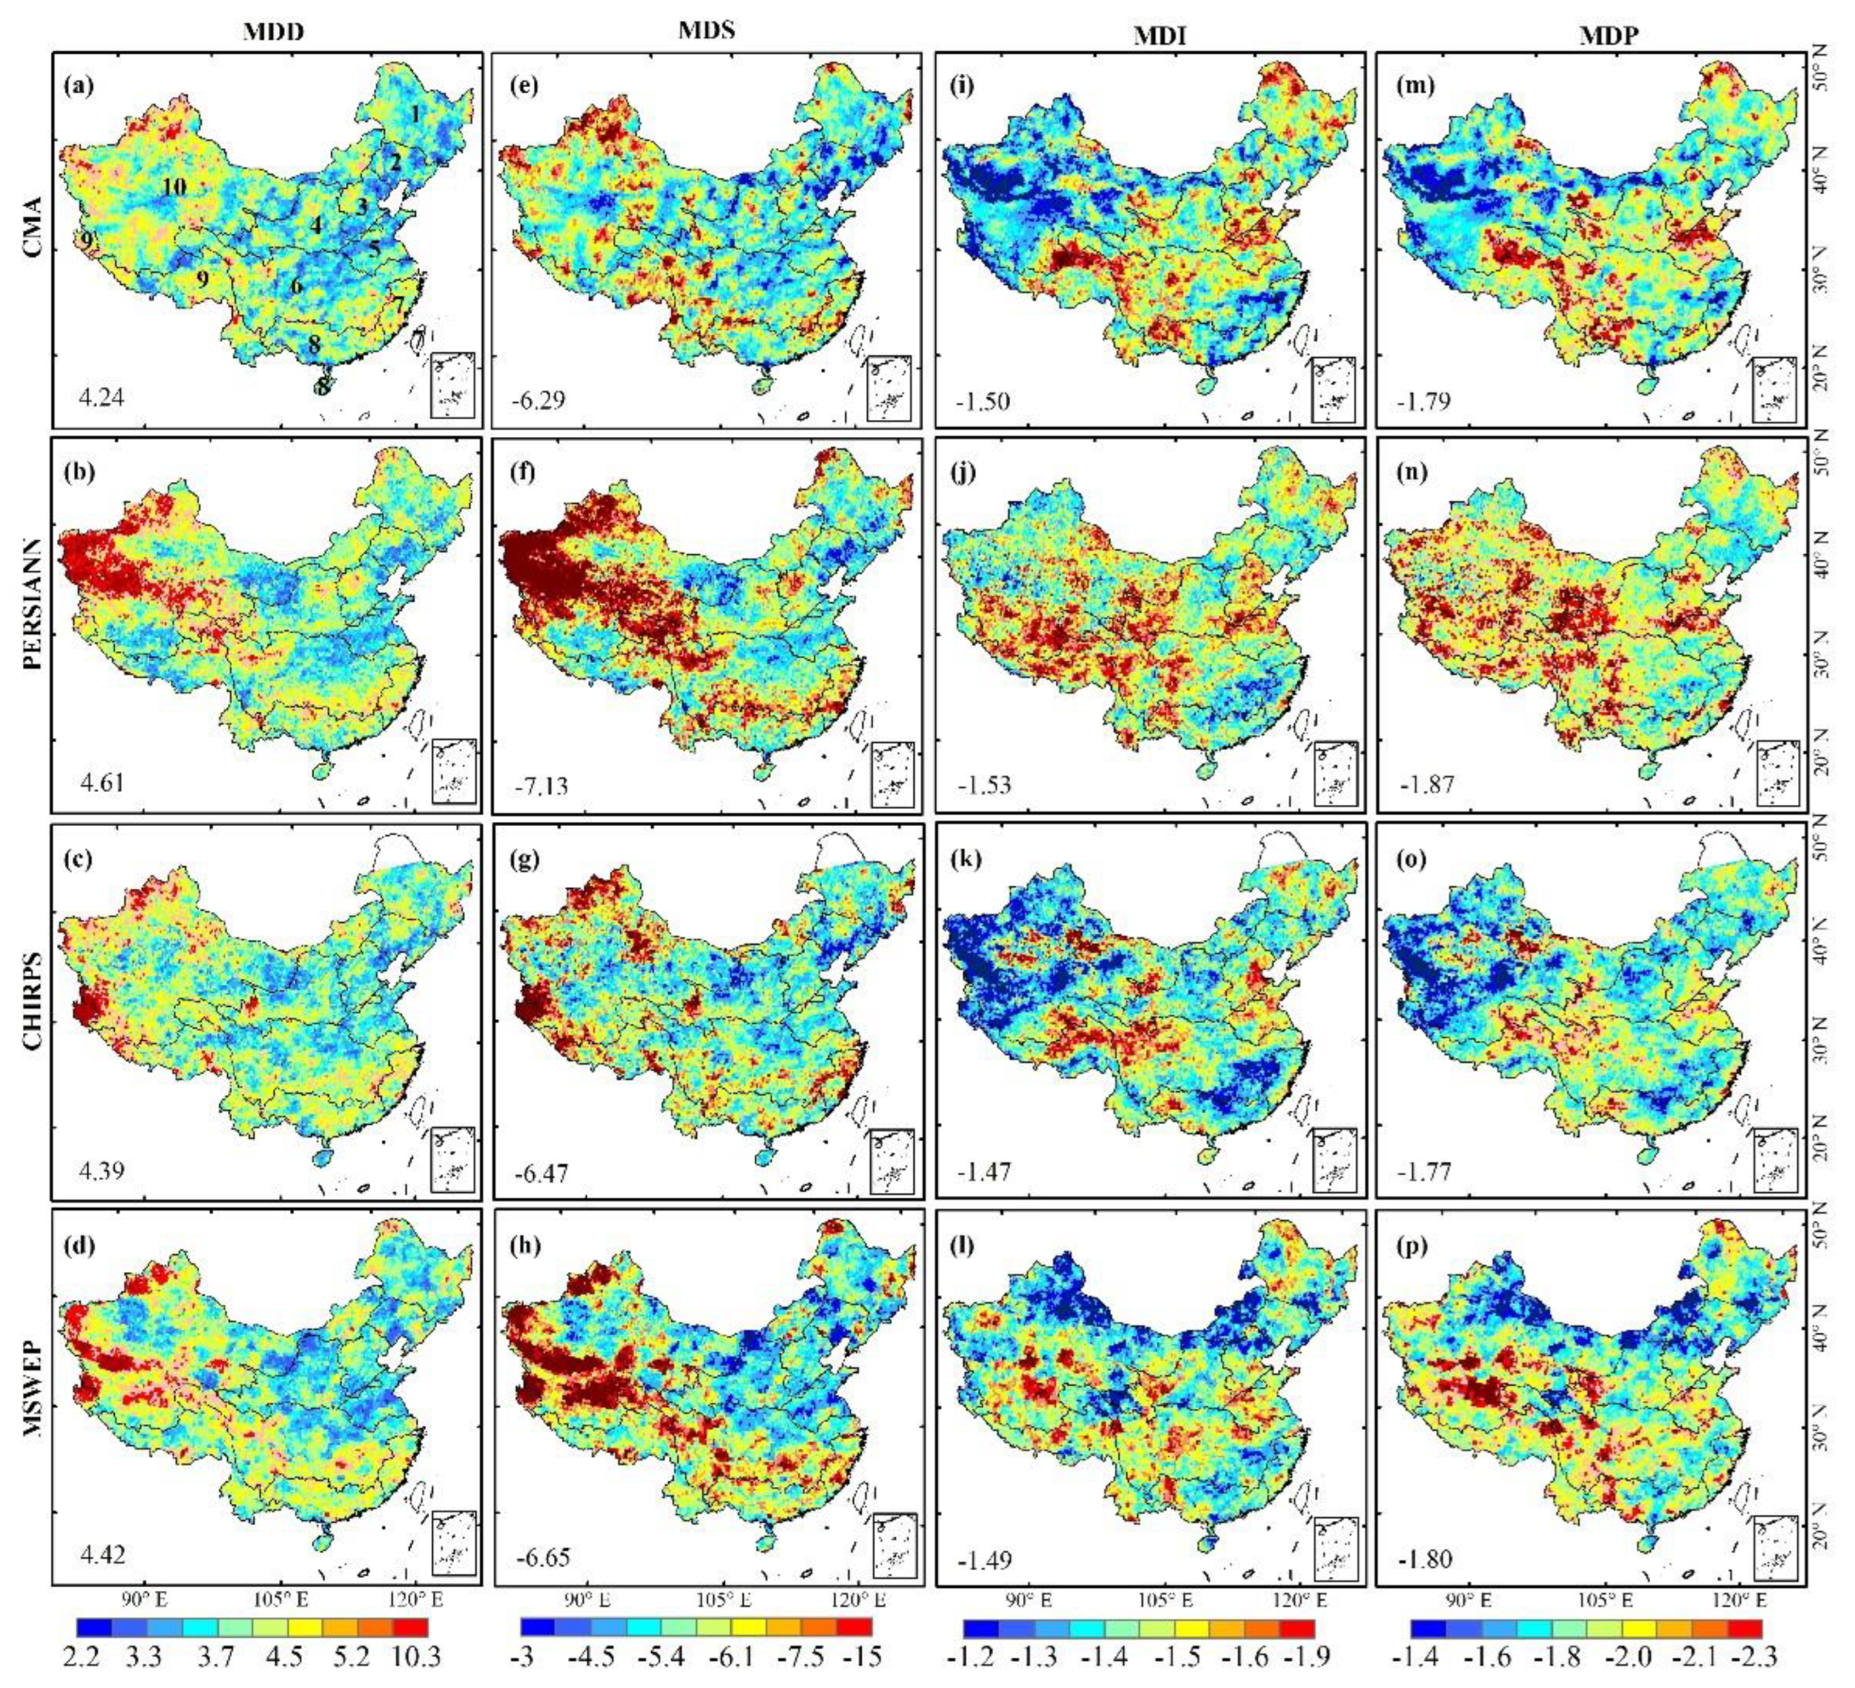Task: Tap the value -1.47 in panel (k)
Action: pos(985,1172)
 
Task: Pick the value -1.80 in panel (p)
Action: pos(1425,1559)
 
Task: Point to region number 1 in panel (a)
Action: pos(416,114)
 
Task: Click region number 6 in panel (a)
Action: pos(296,285)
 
